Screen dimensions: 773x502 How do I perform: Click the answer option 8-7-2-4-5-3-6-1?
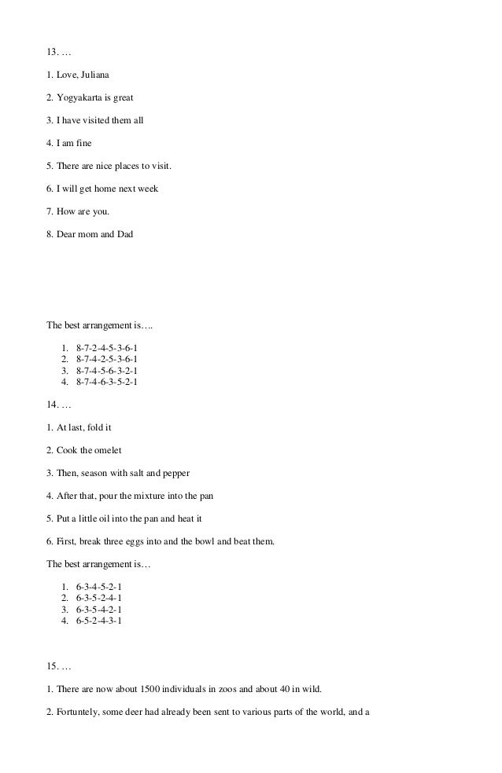111,347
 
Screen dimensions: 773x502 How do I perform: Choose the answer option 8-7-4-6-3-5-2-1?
111,383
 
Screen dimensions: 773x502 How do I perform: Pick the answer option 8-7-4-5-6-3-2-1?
111,371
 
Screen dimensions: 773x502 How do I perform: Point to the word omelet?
106,450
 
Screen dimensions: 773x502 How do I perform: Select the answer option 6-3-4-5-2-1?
99,587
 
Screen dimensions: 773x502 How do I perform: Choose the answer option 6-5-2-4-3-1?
99,621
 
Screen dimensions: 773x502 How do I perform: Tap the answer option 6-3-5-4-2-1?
99,610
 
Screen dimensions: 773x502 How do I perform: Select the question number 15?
53,667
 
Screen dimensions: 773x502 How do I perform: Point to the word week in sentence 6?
148,189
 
